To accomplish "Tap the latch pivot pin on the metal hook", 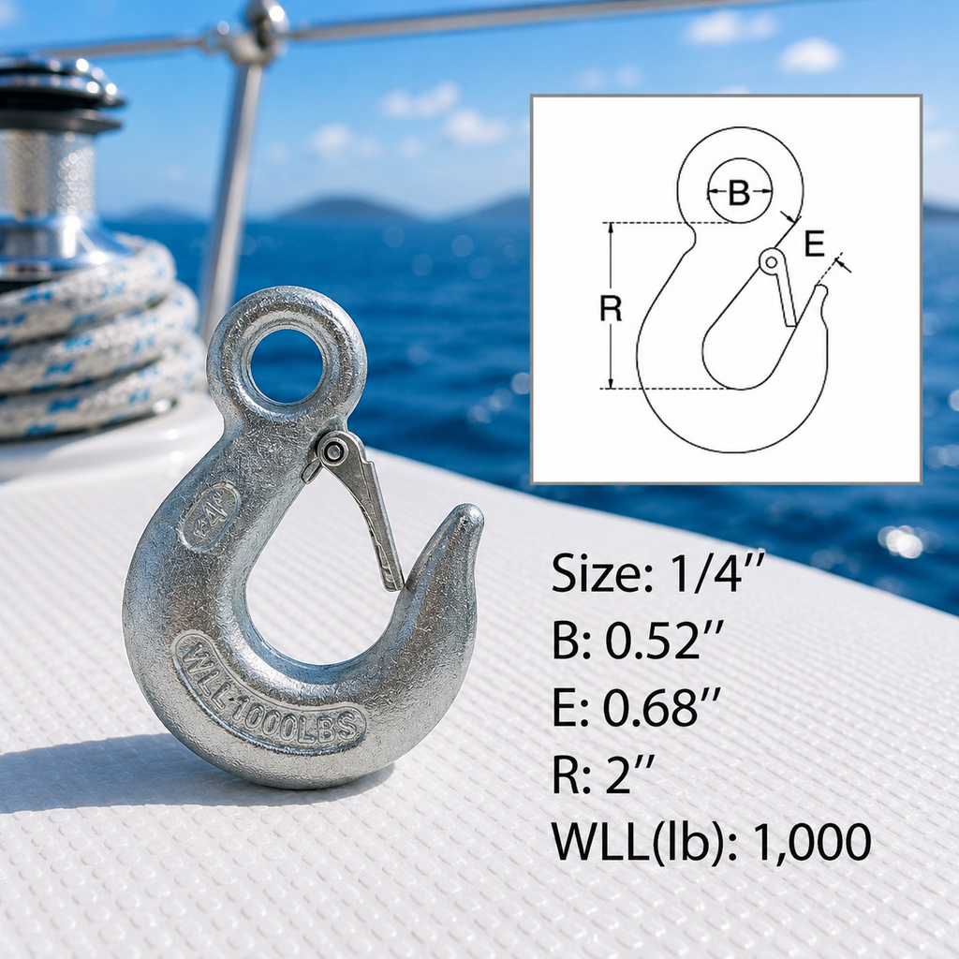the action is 334,452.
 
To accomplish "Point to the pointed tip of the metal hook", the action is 471,514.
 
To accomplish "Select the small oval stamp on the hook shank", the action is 209,516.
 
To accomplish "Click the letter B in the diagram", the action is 740,193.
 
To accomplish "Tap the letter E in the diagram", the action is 814,243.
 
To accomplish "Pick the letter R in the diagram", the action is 611,308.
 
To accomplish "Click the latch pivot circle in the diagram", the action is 772,262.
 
